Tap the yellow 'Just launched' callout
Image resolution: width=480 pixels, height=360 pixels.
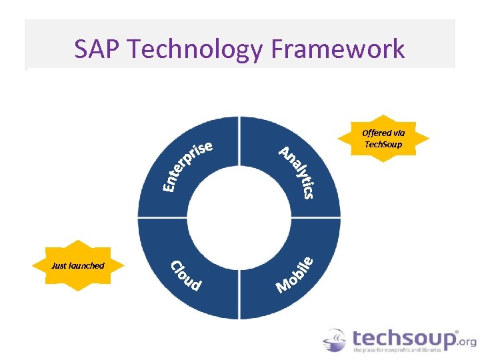click(79, 265)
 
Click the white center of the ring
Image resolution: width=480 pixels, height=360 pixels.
click(239, 217)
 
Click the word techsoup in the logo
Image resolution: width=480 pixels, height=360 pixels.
click(404, 337)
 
